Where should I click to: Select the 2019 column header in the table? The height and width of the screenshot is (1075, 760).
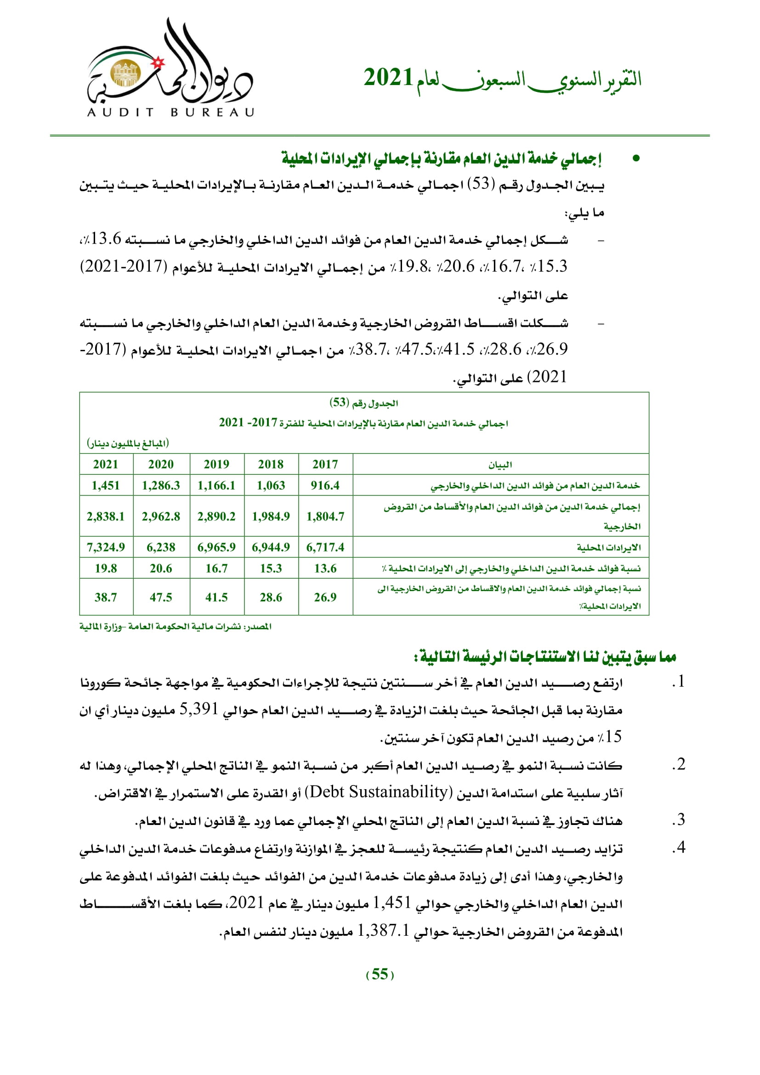pyautogui.click(x=216, y=464)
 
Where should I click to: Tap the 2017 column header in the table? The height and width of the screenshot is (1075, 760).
pyautogui.click(x=325, y=464)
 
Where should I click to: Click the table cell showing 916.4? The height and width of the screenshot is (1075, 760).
pyautogui.click(x=325, y=485)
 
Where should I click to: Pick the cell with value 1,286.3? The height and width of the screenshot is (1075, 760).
pyautogui.click(x=161, y=485)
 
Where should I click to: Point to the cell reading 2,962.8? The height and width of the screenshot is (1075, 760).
pyautogui.click(x=161, y=516)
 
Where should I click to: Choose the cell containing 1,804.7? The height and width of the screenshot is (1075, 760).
pyautogui.click(x=325, y=516)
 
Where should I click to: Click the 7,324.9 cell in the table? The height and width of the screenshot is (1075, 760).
pyautogui.click(x=106, y=547)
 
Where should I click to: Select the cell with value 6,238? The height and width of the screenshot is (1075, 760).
pyautogui.click(x=161, y=547)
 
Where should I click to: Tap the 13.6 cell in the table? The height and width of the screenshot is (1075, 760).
pyautogui.click(x=325, y=568)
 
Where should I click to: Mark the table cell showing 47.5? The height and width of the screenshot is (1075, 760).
pyautogui.click(x=161, y=597)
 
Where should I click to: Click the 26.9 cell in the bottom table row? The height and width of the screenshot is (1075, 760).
pyautogui.click(x=325, y=597)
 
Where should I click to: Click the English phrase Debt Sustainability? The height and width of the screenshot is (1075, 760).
pyautogui.click(x=380, y=792)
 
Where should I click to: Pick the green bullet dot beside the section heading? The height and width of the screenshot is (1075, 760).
pyautogui.click(x=635, y=158)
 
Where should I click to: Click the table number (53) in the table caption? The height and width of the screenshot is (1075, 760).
pyautogui.click(x=339, y=403)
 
